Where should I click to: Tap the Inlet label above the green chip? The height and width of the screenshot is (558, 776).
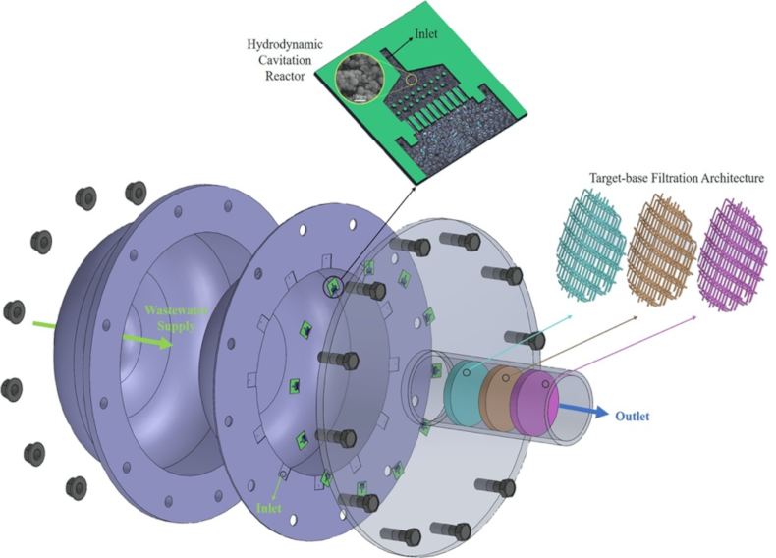pyautogui.click(x=429, y=33)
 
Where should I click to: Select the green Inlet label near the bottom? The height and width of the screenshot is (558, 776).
pyautogui.click(x=269, y=507)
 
